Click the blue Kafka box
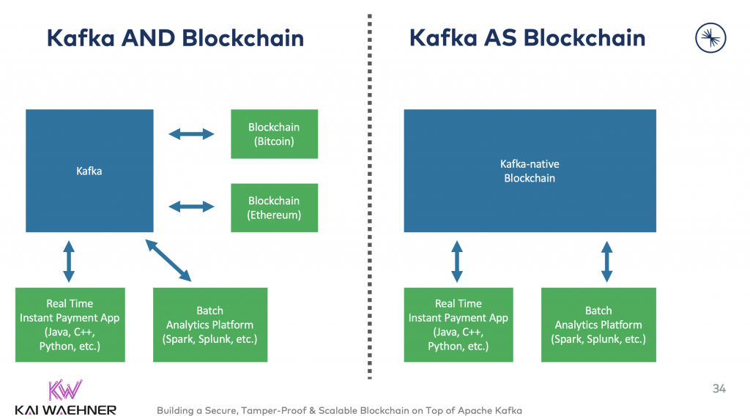coord(89,171)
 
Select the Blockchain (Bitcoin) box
coord(274,134)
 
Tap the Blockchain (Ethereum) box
coord(274,208)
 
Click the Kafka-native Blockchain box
coord(530,171)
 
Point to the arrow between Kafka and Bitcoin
coord(191,134)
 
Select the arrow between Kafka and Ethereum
coord(191,208)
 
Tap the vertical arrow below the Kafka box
coord(69,260)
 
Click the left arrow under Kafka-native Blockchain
coord(457,260)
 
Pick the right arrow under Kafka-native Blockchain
coord(606,260)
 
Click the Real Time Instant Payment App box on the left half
coord(70,325)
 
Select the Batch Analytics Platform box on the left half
coord(209,325)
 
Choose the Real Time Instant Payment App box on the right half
coord(458,325)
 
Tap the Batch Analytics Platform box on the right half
coord(598,325)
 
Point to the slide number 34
coord(719,389)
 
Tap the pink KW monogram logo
coord(65,389)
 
